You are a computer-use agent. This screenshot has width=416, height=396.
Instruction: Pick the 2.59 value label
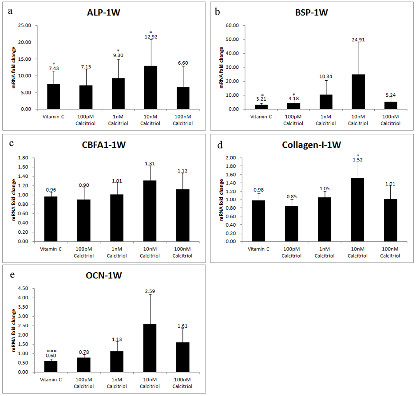click(151, 291)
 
